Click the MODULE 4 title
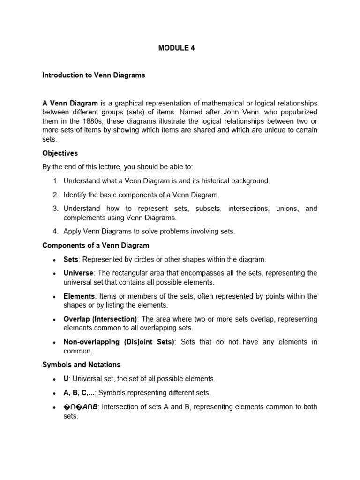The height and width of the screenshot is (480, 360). (x=176, y=47)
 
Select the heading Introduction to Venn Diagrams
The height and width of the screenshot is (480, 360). (x=94, y=75)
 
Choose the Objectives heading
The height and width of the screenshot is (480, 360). (x=60, y=153)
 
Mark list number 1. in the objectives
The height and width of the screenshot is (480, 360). (x=55, y=180)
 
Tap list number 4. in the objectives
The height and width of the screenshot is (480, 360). (x=55, y=231)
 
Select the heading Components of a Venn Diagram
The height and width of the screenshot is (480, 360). (x=96, y=245)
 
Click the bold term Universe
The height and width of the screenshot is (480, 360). (x=79, y=273)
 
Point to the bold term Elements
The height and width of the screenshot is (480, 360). (x=79, y=296)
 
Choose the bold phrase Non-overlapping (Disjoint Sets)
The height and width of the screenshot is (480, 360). (x=119, y=342)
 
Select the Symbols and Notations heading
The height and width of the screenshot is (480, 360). (x=81, y=365)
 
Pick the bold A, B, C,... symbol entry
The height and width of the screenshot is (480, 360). (x=79, y=393)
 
